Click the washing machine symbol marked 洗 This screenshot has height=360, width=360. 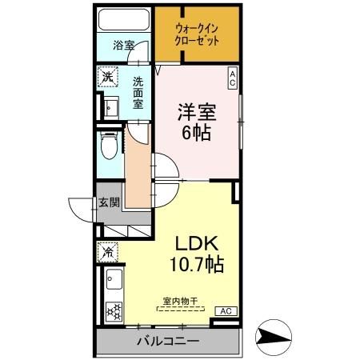108,78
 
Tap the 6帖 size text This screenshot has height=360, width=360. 197,134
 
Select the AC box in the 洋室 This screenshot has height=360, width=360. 232,77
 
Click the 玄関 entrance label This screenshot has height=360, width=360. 109,202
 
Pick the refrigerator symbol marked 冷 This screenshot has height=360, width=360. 108,251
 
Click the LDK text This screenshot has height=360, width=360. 196,243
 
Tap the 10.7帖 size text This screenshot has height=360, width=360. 196,264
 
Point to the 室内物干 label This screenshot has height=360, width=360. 181,300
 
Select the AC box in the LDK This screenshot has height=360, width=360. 225,310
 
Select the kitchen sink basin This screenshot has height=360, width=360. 112,280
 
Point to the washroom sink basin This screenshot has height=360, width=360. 110,107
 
